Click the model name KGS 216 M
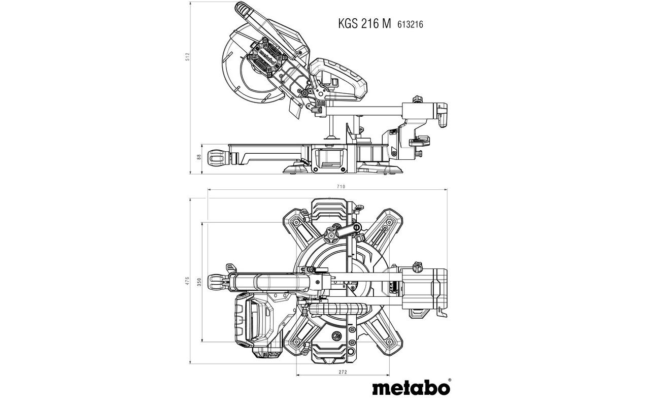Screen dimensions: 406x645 tap(364, 24)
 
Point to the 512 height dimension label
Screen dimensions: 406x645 tap(187, 57)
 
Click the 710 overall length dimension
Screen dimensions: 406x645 tap(341, 187)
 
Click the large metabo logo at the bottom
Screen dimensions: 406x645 tap(411, 388)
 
